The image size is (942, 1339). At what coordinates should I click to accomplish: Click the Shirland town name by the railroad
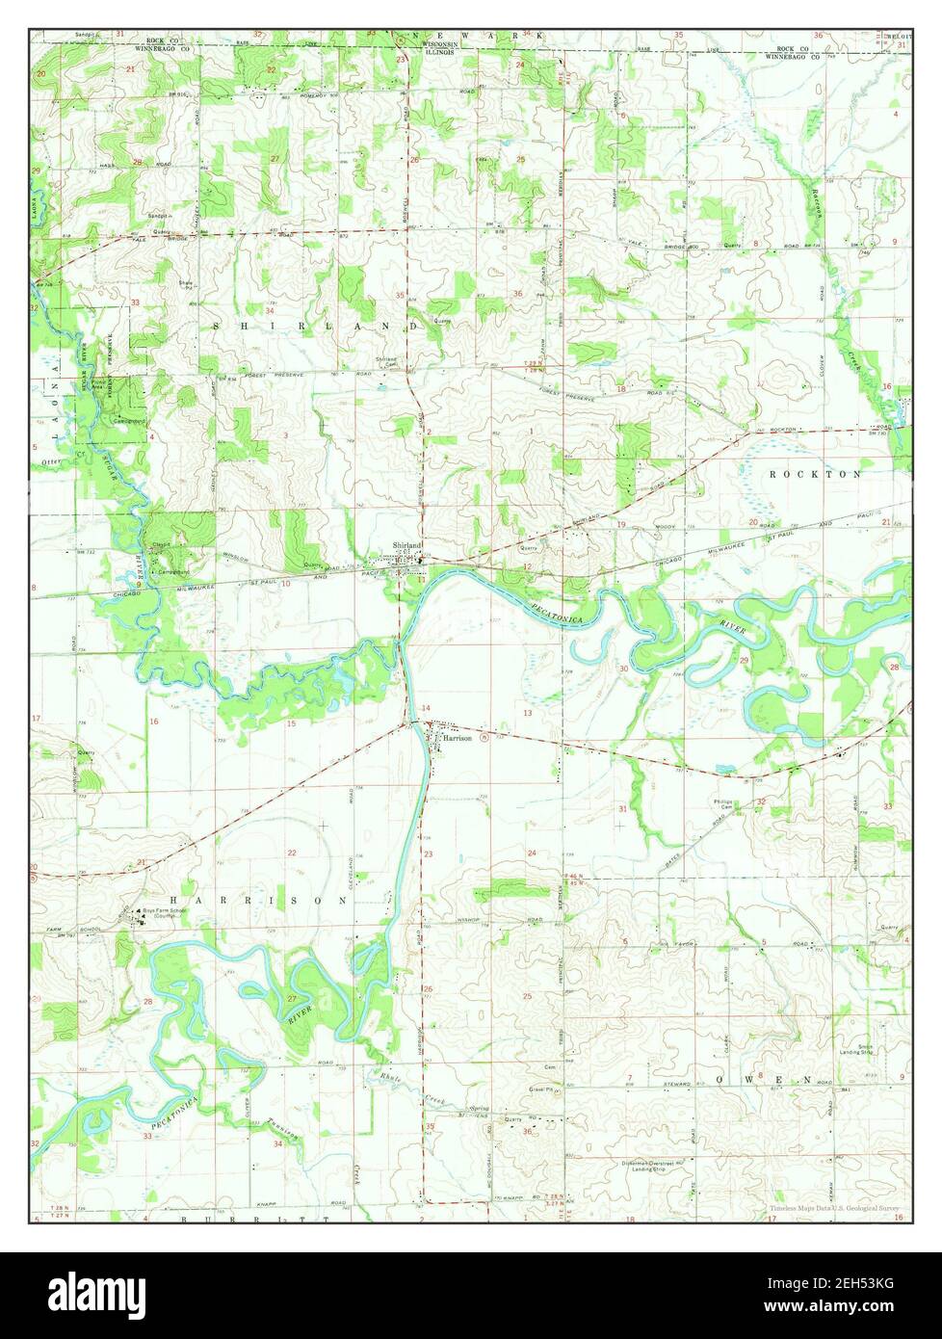tap(406, 545)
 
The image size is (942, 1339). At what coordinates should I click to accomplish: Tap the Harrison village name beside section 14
tap(458, 738)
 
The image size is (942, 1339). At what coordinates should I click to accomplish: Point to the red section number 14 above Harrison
tap(427, 709)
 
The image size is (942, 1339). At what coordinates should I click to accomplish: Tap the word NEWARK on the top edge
tap(472, 35)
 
